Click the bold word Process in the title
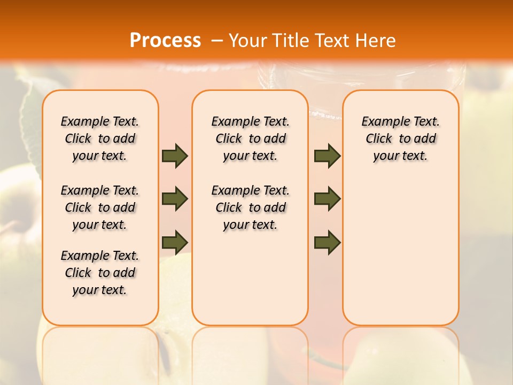pyautogui.click(x=165, y=41)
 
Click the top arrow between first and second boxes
pyautogui.click(x=175, y=156)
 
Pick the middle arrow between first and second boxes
pyautogui.click(x=175, y=199)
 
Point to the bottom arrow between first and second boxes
pyautogui.click(x=175, y=242)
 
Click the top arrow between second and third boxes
pyautogui.click(x=327, y=156)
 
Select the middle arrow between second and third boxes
pyautogui.click(x=327, y=199)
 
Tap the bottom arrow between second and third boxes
pyautogui.click(x=327, y=242)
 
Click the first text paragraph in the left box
pyautogui.click(x=100, y=138)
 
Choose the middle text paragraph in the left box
pyautogui.click(x=100, y=207)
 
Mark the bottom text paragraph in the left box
pyautogui.click(x=100, y=273)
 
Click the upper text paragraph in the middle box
pyautogui.click(x=250, y=138)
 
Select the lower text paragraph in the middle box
pyautogui.click(x=250, y=207)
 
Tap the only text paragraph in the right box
pyautogui.click(x=400, y=138)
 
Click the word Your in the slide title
pyautogui.click(x=245, y=41)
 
